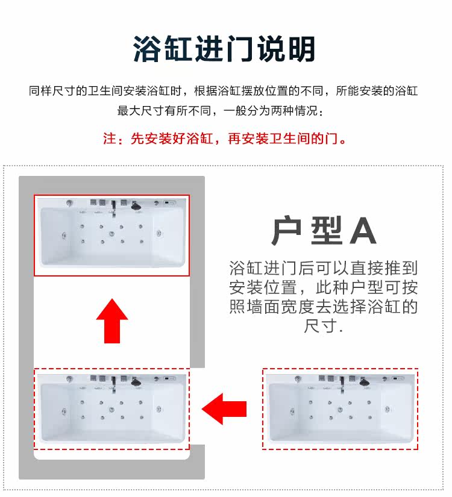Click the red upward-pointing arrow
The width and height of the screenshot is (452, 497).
pos(112,320)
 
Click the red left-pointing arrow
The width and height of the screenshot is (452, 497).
pos(224,409)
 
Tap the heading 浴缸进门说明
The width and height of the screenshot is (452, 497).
pos(224,49)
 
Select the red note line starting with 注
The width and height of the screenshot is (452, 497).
pos(225,139)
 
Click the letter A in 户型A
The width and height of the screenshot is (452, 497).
pos(363,231)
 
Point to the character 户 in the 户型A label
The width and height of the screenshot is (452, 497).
pos(286,231)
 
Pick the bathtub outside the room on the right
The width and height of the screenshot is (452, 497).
pos(340,409)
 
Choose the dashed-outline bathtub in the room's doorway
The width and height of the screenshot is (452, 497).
pos(111,409)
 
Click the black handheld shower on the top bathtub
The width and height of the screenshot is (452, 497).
pos(136,206)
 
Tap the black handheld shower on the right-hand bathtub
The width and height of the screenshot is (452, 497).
pos(365,382)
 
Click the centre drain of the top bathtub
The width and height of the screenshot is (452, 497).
pos(111,234)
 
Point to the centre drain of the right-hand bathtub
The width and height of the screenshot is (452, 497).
pos(340,410)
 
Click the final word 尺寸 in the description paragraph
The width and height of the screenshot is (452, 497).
pos(321,326)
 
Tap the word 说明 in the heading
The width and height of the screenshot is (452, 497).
pos(286,49)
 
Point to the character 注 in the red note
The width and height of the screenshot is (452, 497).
pos(110,139)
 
